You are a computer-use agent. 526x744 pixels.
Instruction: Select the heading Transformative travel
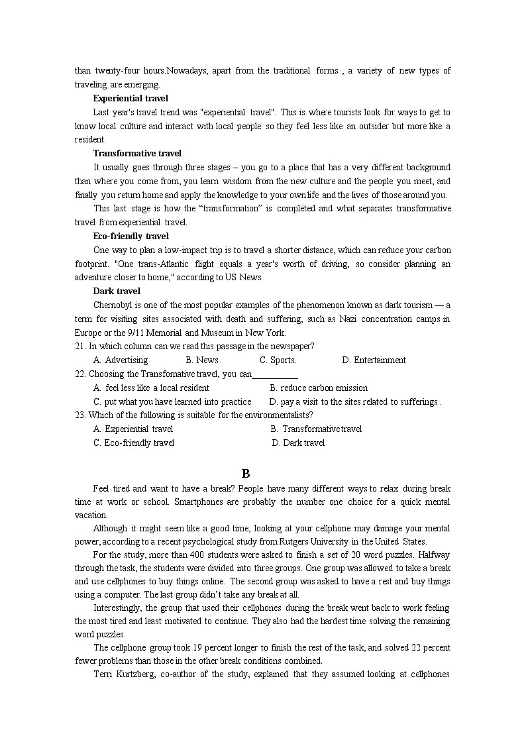coord(137,153)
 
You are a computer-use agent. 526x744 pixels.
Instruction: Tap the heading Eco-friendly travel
coord(131,236)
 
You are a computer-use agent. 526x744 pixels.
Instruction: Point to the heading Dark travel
coord(117,291)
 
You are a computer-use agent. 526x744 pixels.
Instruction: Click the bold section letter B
coord(246,474)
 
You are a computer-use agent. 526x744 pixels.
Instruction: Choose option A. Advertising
coord(121,360)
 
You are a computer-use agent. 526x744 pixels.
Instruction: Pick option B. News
coord(202,360)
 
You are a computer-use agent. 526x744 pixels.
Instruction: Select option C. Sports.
coord(278,360)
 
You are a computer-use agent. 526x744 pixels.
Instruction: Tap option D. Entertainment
coord(374,360)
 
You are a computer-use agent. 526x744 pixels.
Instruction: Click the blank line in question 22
coord(275,375)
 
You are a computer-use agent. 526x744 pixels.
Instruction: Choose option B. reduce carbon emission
coord(319,388)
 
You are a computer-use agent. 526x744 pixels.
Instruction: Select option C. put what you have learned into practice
coord(172,401)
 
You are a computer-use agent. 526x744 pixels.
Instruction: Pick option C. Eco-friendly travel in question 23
coord(134,443)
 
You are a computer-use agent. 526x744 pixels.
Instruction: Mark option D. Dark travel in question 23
coord(298,443)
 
